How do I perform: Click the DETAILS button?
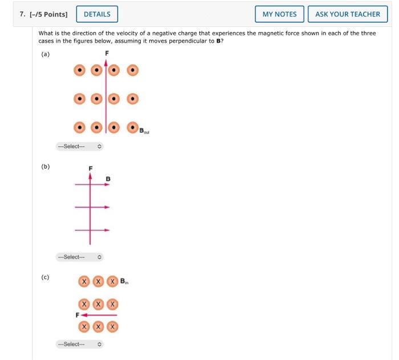tap(97, 14)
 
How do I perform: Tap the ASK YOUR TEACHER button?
tap(347, 14)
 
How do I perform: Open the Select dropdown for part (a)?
tap(79, 147)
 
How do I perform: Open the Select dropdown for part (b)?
tap(79, 257)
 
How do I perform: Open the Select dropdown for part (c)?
tap(79, 345)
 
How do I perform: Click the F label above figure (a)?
tap(106, 54)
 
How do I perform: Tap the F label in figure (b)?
tap(89, 168)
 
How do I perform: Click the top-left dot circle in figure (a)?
tap(81, 70)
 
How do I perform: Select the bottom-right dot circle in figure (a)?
tap(132, 127)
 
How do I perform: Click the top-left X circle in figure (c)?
tap(84, 282)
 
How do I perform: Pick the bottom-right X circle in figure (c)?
tap(113, 327)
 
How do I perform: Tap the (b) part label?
tap(45, 167)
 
